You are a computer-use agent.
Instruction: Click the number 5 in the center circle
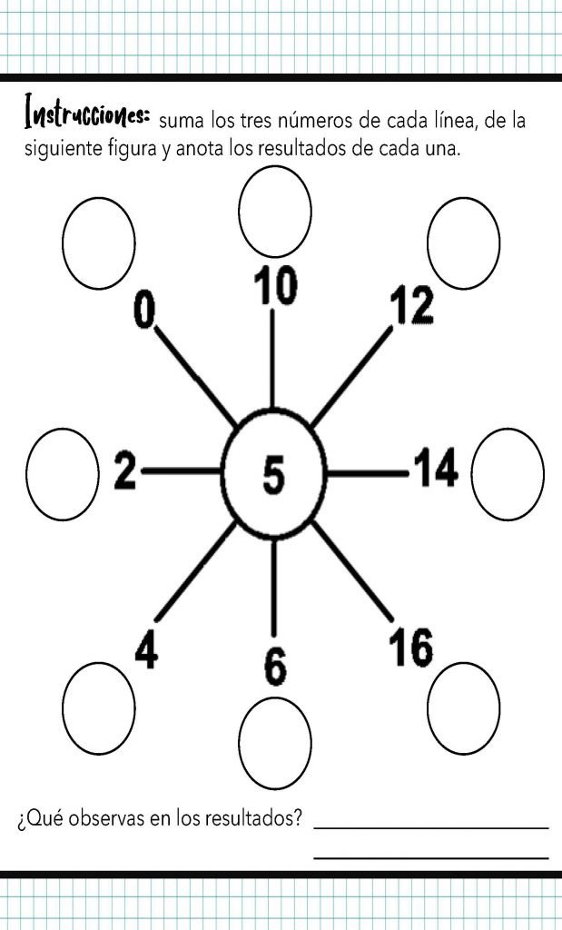pyautogui.click(x=273, y=475)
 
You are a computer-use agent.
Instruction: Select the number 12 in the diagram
pyautogui.click(x=411, y=307)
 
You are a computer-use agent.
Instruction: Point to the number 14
pyautogui.click(x=436, y=471)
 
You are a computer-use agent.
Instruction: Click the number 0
pyautogui.click(x=143, y=309)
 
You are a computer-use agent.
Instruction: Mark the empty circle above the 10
pyautogui.click(x=275, y=210)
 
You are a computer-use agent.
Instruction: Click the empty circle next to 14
pyautogui.click(x=508, y=474)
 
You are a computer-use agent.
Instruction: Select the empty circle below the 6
pyautogui.click(x=275, y=735)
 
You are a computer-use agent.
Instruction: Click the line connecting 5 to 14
pyautogui.click(x=367, y=472)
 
